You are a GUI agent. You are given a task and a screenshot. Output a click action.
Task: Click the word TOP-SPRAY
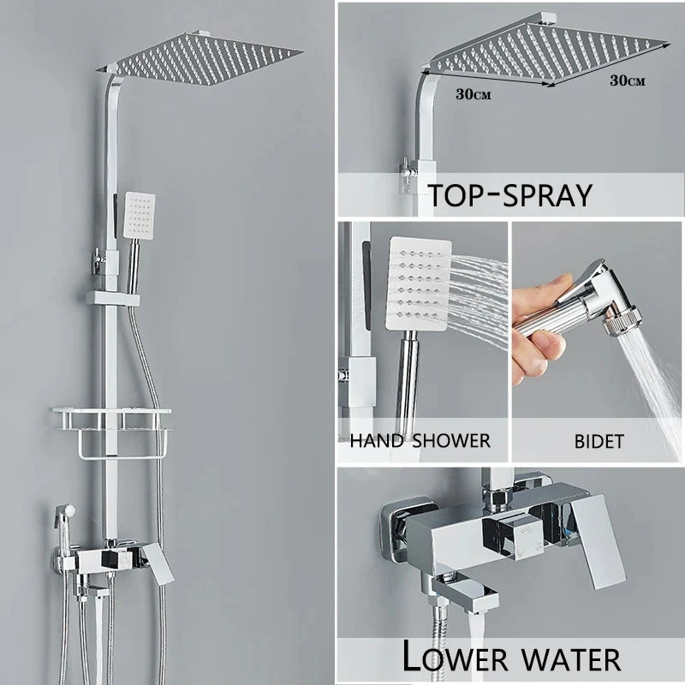click(510, 195)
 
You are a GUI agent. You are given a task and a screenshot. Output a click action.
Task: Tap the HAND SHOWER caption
click(420, 441)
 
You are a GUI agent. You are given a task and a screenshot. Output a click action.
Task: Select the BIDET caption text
click(599, 442)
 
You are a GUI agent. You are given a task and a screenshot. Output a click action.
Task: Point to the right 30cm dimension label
click(627, 80)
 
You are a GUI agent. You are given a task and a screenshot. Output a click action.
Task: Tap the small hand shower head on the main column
click(138, 214)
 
